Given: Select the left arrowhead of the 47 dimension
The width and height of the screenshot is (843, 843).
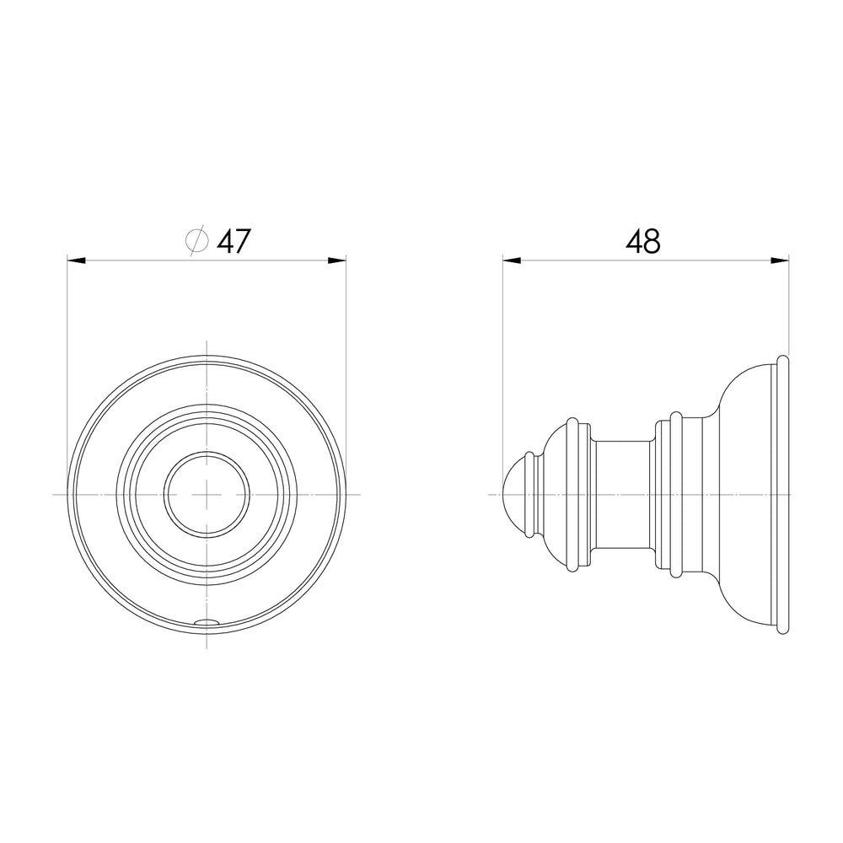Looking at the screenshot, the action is (x=77, y=260).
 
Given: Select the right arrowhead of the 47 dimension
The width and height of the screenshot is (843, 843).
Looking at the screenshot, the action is (x=336, y=260).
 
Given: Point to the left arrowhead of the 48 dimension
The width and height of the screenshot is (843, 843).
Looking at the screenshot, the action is (x=513, y=260).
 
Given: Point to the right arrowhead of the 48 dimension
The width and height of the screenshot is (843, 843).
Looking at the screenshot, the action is (x=780, y=260).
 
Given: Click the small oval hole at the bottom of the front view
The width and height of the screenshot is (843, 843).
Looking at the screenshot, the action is (x=207, y=622).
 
